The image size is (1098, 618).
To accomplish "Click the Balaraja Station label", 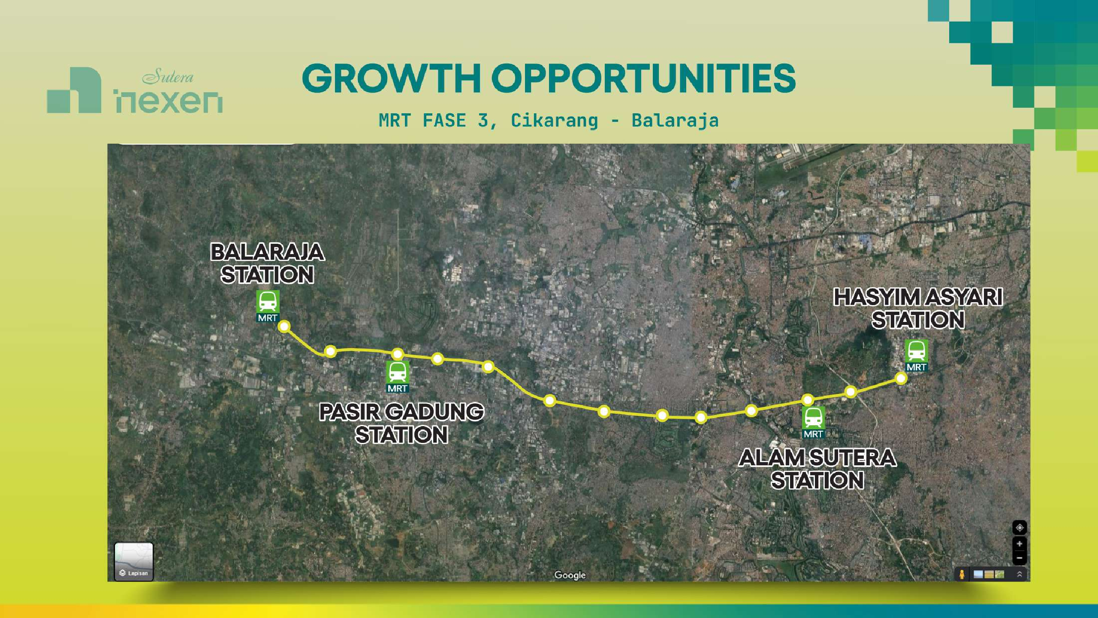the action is [267, 263].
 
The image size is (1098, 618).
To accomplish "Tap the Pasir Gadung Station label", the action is [402, 423].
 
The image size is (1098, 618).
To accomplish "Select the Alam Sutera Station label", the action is [817, 469].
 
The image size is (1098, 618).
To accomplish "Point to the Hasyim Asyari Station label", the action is [918, 308].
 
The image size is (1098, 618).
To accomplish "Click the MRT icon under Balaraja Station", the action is [268, 306].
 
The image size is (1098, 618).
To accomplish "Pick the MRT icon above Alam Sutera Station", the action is [813, 423].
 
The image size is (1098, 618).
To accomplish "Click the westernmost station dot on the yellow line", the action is [284, 327].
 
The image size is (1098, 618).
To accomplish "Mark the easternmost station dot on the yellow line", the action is [901, 378].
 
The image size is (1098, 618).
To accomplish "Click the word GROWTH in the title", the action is [392, 78].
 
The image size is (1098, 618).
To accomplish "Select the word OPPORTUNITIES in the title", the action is [643, 78].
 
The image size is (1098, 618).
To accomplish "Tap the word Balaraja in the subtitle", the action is [675, 121].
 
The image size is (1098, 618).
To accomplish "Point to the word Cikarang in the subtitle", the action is [554, 121].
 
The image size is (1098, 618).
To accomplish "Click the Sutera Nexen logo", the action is [135, 90].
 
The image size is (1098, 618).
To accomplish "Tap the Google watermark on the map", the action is [570, 575].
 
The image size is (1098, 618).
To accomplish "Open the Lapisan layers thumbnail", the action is [134, 562].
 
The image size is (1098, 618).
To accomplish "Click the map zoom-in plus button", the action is [1020, 544].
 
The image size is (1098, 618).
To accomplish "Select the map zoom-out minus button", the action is [1020, 558].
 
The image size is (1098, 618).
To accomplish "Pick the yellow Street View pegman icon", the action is [962, 574].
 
